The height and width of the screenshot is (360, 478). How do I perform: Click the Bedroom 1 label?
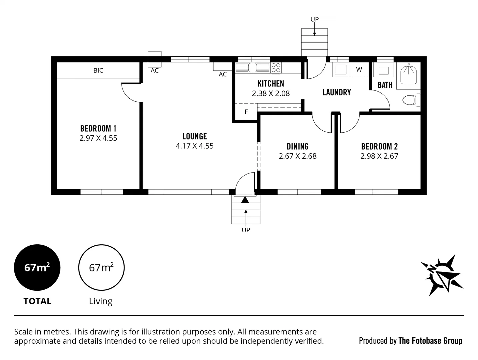tap(98, 128)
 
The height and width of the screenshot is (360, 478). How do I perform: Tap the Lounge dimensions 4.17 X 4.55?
tap(194, 146)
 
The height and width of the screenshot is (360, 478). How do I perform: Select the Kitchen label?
tap(271, 84)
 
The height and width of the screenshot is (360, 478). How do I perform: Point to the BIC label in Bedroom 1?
tap(98, 70)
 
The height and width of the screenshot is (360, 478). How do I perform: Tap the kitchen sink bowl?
tap(253, 68)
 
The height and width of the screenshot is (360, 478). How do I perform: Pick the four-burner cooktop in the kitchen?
tap(276, 68)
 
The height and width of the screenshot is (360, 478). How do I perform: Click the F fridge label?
tap(246, 112)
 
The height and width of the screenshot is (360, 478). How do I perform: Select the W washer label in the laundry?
tap(359, 69)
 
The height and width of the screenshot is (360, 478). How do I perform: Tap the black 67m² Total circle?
tap(37, 267)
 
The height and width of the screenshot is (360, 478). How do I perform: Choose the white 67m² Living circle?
tap(101, 267)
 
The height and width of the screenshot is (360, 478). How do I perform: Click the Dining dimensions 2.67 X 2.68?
tap(297, 156)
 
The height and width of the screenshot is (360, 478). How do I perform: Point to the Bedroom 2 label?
tap(379, 147)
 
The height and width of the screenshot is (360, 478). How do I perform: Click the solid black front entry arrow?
tap(245, 200)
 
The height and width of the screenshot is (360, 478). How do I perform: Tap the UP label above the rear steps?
tap(314, 19)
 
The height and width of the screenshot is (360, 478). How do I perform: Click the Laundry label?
tap(337, 92)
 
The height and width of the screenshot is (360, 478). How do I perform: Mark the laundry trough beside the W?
tap(340, 70)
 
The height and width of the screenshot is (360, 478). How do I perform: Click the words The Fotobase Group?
tap(430, 341)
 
